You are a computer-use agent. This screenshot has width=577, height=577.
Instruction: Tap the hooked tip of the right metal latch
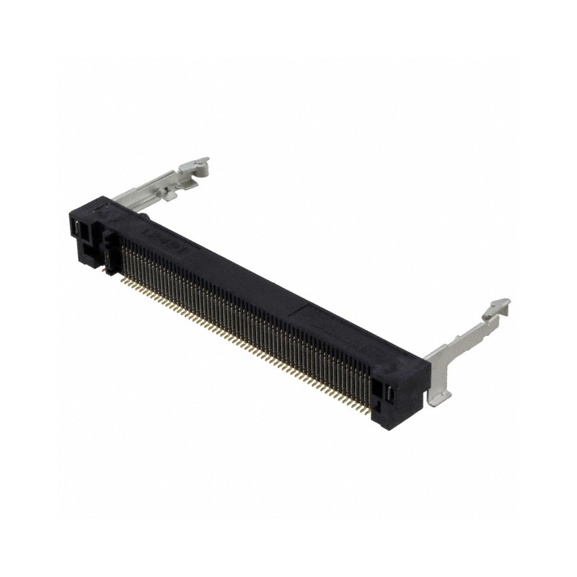(498, 307)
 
